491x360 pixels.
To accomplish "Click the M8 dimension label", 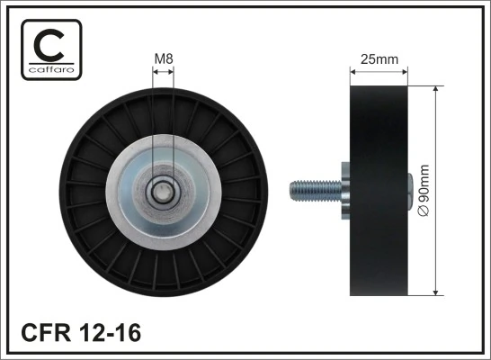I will [163, 59].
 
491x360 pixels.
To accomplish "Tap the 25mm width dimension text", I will [379, 59].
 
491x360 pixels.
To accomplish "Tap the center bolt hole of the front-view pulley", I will [163, 192].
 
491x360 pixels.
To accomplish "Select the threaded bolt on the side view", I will [316, 192].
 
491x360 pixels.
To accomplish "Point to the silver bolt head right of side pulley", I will [412, 192].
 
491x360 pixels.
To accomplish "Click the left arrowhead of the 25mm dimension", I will [352, 71].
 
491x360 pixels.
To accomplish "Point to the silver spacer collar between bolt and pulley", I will [346, 192].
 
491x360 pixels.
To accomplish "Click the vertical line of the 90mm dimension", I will [436, 144].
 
